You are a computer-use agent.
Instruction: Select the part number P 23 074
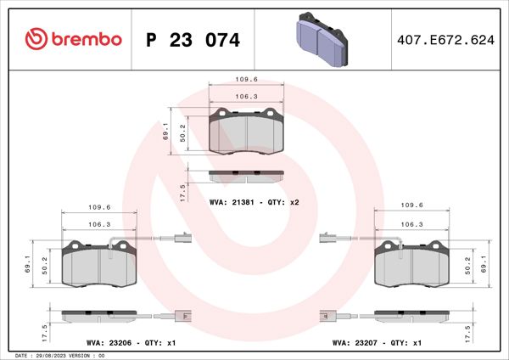193,40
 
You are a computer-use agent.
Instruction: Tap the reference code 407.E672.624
446,40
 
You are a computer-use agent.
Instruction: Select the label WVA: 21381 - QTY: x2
255,204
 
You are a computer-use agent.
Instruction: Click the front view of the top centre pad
246,132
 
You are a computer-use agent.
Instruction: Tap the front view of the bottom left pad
99,265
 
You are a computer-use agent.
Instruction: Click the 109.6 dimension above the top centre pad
246,81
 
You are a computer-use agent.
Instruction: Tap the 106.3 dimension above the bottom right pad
411,224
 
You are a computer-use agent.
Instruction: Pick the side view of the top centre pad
246,176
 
